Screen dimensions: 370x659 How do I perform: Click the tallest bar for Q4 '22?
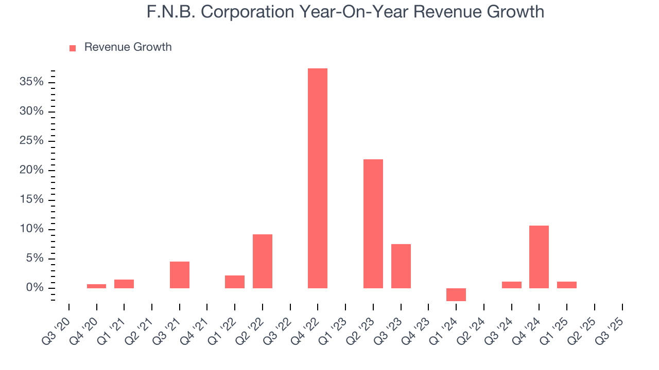click(x=317, y=178)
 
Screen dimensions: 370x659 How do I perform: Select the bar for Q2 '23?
click(x=373, y=224)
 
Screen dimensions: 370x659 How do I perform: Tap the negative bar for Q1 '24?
click(x=456, y=294)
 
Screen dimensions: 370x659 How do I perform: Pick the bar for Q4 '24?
click(x=539, y=257)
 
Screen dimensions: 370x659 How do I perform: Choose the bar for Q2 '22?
click(x=262, y=261)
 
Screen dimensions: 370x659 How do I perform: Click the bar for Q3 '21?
click(x=179, y=275)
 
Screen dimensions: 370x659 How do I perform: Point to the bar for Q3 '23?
click(x=401, y=266)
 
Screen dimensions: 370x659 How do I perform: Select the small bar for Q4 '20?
click(x=96, y=286)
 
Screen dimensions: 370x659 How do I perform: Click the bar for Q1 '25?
click(x=566, y=285)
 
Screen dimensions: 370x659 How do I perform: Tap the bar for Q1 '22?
click(x=234, y=282)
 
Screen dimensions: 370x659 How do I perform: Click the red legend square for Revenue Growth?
click(x=73, y=48)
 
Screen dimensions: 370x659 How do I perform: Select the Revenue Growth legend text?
click(x=128, y=47)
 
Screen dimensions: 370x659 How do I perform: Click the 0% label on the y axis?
click(x=35, y=288)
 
